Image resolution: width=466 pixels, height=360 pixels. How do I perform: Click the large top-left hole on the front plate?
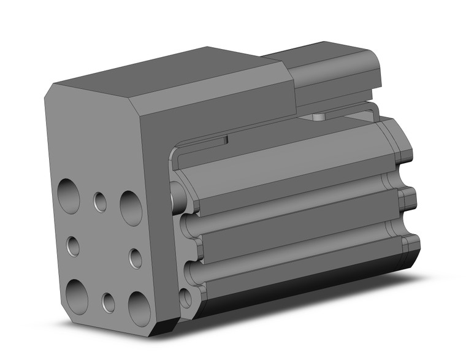point(69,196)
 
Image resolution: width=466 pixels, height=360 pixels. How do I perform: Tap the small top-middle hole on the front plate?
point(100,201)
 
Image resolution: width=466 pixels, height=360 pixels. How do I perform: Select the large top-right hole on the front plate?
point(131,207)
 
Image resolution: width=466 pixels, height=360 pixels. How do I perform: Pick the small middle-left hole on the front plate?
point(73,247)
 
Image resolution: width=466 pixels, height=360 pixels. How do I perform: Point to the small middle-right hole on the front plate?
point(136,258)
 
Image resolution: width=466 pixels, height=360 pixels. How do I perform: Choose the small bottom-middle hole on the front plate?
point(109,302)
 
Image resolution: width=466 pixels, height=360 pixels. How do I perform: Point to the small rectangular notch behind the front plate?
point(226,140)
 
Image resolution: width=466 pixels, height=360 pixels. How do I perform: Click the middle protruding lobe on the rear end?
point(407,199)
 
